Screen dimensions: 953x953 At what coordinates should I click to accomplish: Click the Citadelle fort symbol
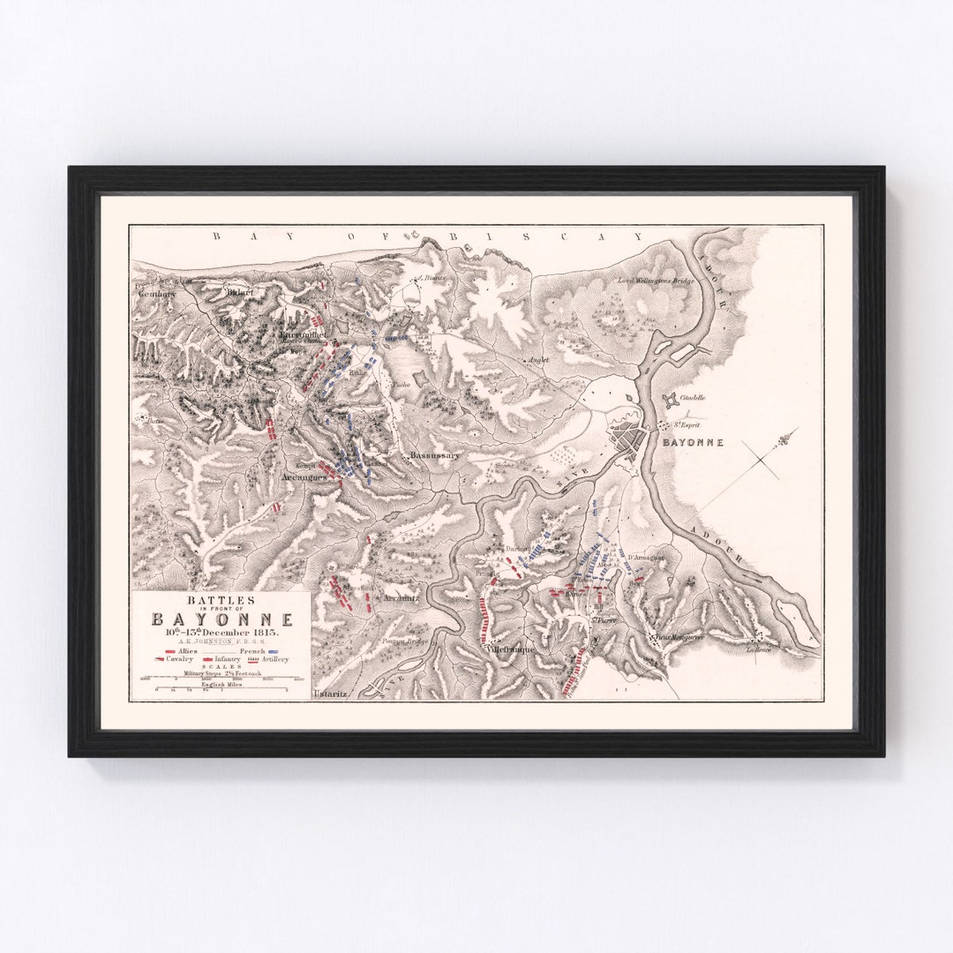point(672,400)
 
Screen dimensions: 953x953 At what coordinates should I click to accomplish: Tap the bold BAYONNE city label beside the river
point(694,442)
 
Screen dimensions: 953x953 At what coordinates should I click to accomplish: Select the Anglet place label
point(538,360)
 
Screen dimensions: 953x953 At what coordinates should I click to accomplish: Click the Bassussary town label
point(434,455)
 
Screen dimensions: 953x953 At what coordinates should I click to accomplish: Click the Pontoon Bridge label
point(406,642)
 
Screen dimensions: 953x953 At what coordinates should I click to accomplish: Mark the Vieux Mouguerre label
point(678,636)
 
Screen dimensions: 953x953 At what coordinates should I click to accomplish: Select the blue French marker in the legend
point(279,650)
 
